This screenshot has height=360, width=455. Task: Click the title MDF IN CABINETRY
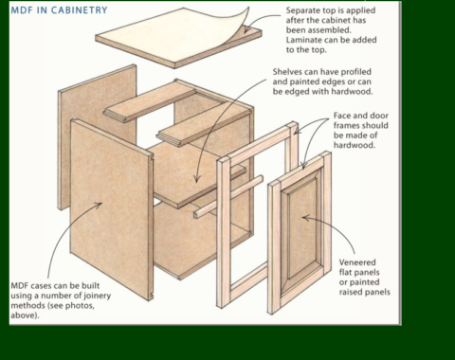coord(59,10)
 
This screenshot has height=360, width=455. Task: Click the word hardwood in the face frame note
coord(355,145)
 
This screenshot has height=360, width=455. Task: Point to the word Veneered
coord(357,262)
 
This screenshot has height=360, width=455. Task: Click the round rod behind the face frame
coord(228,196)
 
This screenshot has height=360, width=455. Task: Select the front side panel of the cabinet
coord(111,209)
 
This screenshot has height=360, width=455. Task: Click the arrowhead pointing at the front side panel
coord(99,205)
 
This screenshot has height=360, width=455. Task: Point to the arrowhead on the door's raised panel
coord(305,218)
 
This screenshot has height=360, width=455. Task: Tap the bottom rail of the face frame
coord(249,281)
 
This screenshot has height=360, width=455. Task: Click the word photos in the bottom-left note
coord(81,306)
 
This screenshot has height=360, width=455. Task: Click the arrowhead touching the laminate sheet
coord(247,29)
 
